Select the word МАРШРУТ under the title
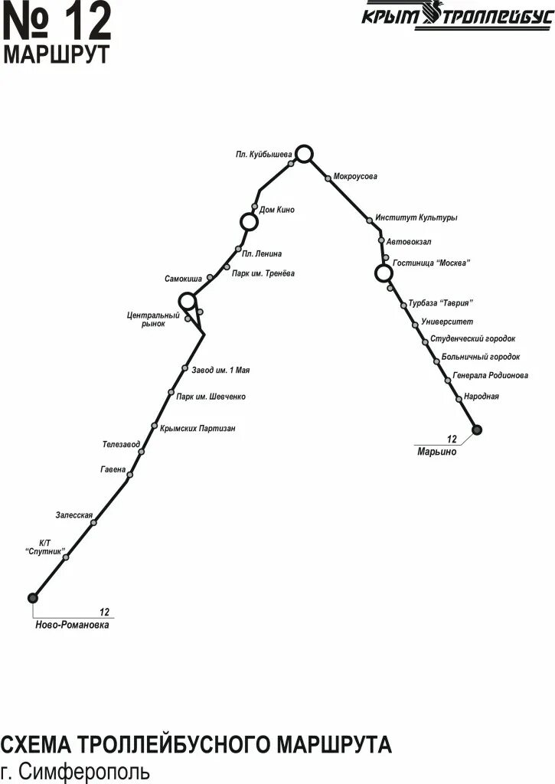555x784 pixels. coord(57,54)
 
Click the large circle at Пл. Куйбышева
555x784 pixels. coord(305,154)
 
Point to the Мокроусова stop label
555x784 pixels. coord(355,177)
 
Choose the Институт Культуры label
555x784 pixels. coord(416,218)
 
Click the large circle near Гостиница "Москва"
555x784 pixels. coord(384,273)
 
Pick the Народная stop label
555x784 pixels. coord(481,397)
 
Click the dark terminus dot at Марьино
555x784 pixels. coord(477,430)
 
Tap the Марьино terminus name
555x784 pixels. coord(436,452)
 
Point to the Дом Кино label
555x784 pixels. coord(277,210)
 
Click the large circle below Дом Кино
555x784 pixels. coord(249,222)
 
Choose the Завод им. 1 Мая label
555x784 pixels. coord(221,371)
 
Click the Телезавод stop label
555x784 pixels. coord(121,444)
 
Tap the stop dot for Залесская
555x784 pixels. coord(93,522)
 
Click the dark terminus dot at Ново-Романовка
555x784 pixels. coord(32,597)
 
